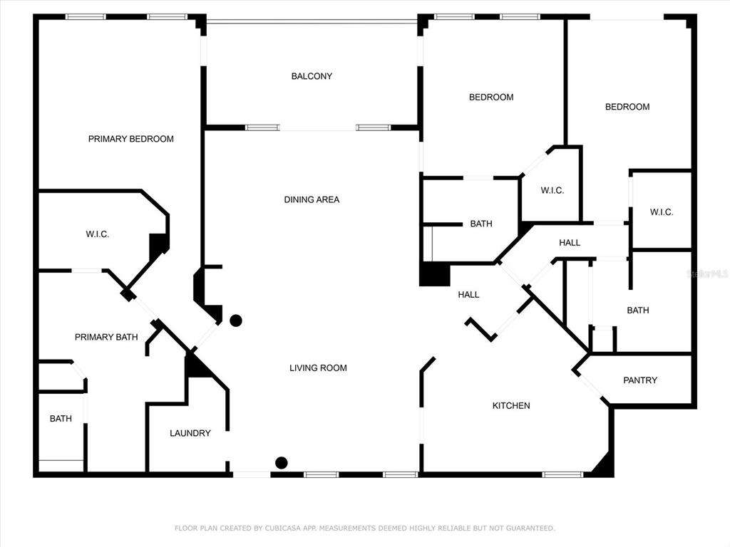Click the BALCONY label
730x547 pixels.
coord(312,76)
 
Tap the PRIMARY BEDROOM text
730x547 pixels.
coord(131,139)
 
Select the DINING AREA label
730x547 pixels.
coord(312,199)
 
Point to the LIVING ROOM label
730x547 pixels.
coord(318,368)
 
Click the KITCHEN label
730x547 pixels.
coord(511,405)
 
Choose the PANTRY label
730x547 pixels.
coord(640,380)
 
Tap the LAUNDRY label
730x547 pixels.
coord(190,434)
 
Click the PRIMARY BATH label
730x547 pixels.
coord(106,337)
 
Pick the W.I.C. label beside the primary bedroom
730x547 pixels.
coord(97,234)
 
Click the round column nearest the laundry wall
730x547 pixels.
coord(236,321)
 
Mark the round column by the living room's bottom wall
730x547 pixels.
coord(281,463)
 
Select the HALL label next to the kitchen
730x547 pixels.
coord(468,295)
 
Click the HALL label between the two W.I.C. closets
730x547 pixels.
coord(570,243)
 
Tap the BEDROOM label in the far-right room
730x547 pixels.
coord(627,107)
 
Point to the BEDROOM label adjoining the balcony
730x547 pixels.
coord(491,97)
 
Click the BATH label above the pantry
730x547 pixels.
coord(638,311)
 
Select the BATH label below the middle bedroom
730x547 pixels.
coord(481,224)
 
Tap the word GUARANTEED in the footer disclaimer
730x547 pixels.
coord(530,528)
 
